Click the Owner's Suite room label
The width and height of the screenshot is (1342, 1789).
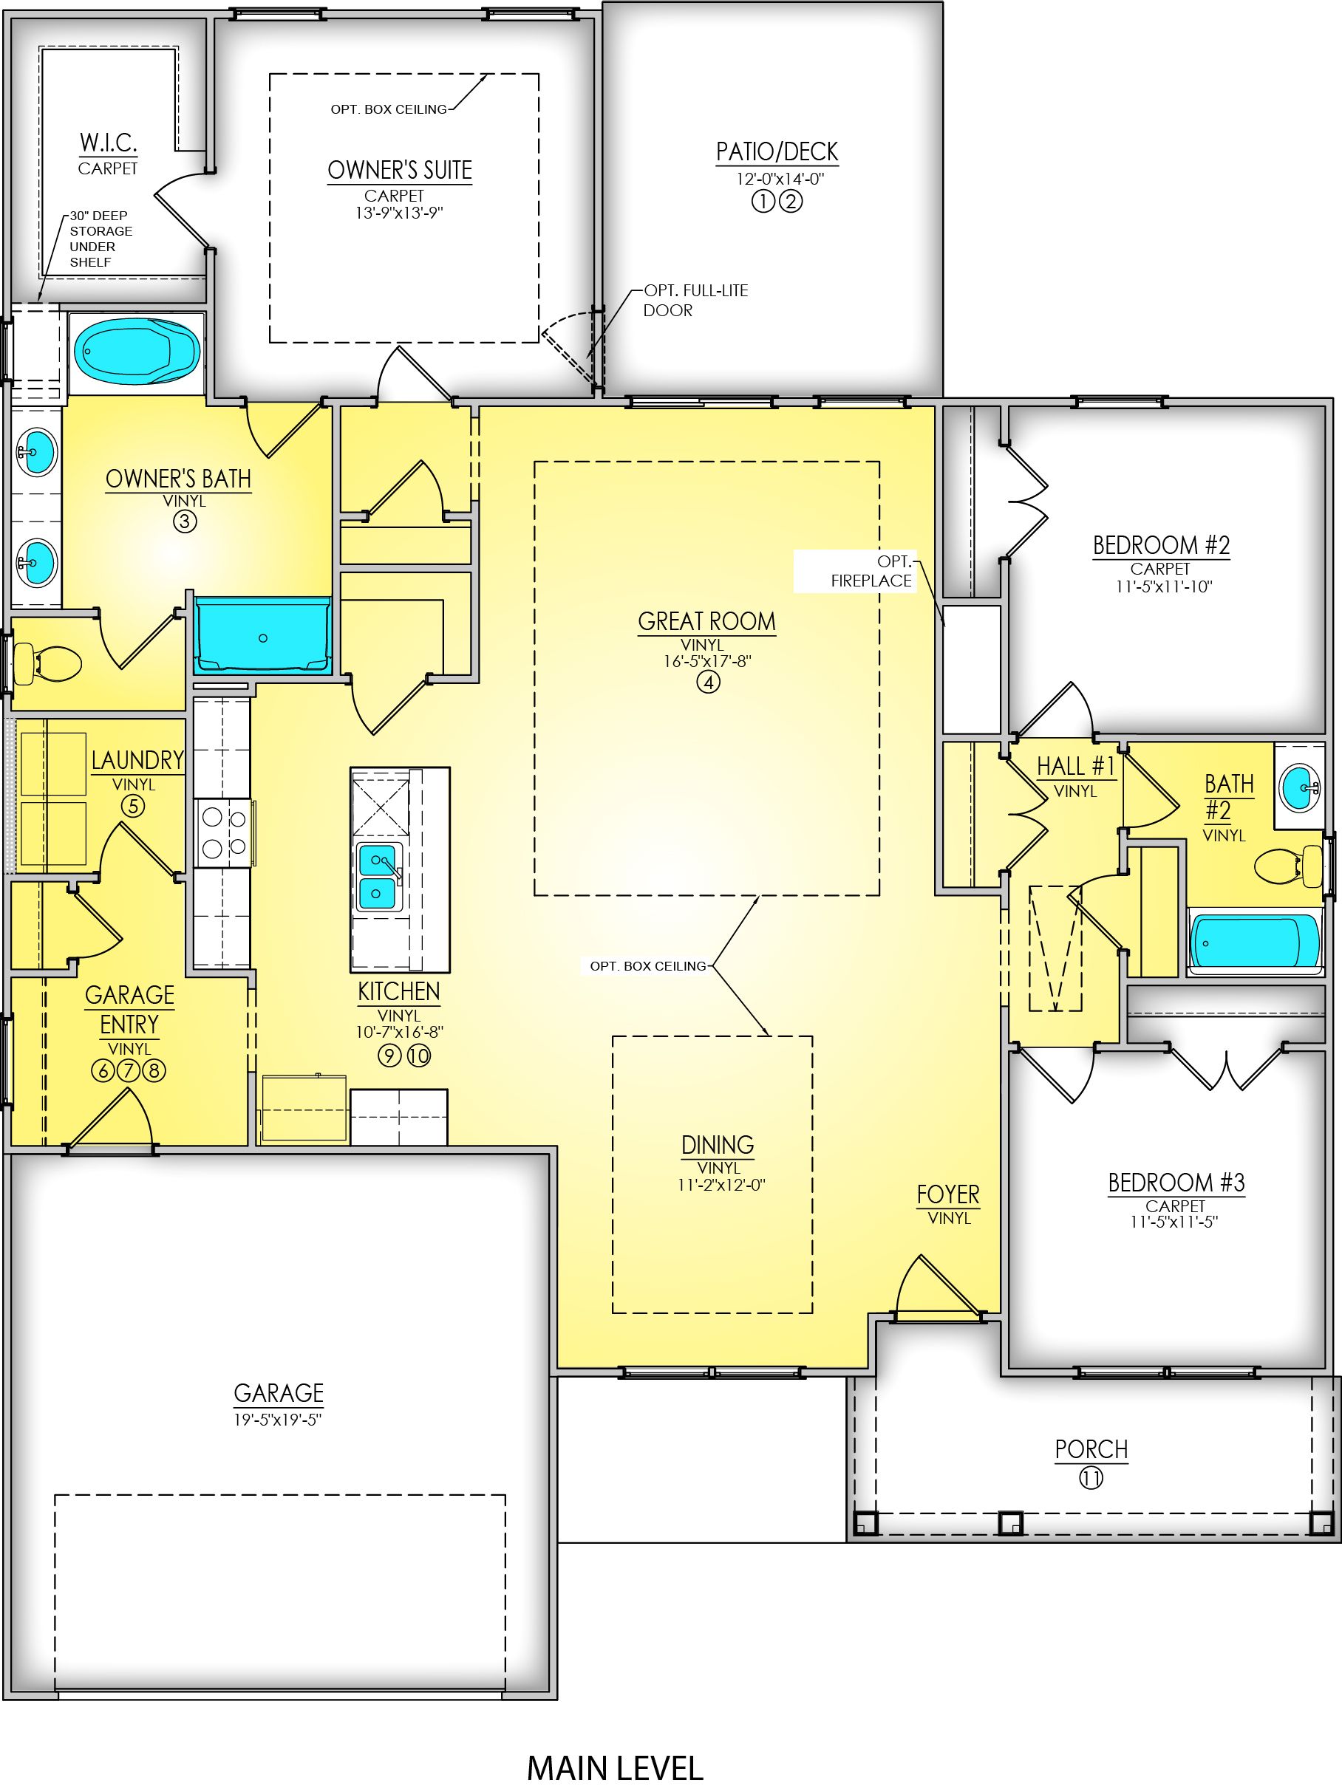tap(400, 171)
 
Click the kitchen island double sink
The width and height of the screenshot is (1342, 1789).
tap(378, 876)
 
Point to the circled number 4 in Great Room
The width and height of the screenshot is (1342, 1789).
tap(708, 682)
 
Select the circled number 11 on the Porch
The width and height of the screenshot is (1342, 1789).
tap(1091, 1479)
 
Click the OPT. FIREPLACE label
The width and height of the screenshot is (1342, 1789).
tap(872, 571)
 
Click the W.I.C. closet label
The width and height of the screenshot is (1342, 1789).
tap(108, 143)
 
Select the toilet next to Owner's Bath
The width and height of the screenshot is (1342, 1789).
tap(47, 663)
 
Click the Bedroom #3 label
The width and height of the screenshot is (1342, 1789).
tap(1176, 1183)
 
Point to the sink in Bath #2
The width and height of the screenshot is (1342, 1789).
tap(1299, 786)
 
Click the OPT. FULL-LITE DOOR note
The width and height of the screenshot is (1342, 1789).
tap(695, 300)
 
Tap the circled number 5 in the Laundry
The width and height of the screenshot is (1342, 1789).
tap(133, 806)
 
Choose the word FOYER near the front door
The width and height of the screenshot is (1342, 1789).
tap(948, 1194)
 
